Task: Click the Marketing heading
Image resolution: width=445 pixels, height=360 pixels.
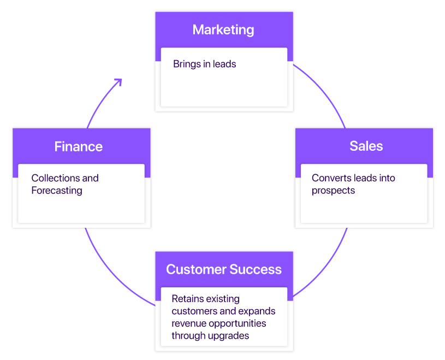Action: pyautogui.click(x=223, y=29)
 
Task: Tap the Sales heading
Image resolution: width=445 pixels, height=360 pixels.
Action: pyautogui.click(x=366, y=146)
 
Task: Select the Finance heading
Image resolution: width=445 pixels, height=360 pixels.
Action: pyautogui.click(x=78, y=146)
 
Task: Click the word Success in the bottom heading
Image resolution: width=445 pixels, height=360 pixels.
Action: pyautogui.click(x=256, y=269)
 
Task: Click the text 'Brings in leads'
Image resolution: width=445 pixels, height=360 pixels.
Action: pyautogui.click(x=204, y=64)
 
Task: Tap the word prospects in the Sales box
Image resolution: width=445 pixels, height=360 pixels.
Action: pyautogui.click(x=333, y=191)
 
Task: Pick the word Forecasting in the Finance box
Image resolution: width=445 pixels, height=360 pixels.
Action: pyautogui.click(x=57, y=191)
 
